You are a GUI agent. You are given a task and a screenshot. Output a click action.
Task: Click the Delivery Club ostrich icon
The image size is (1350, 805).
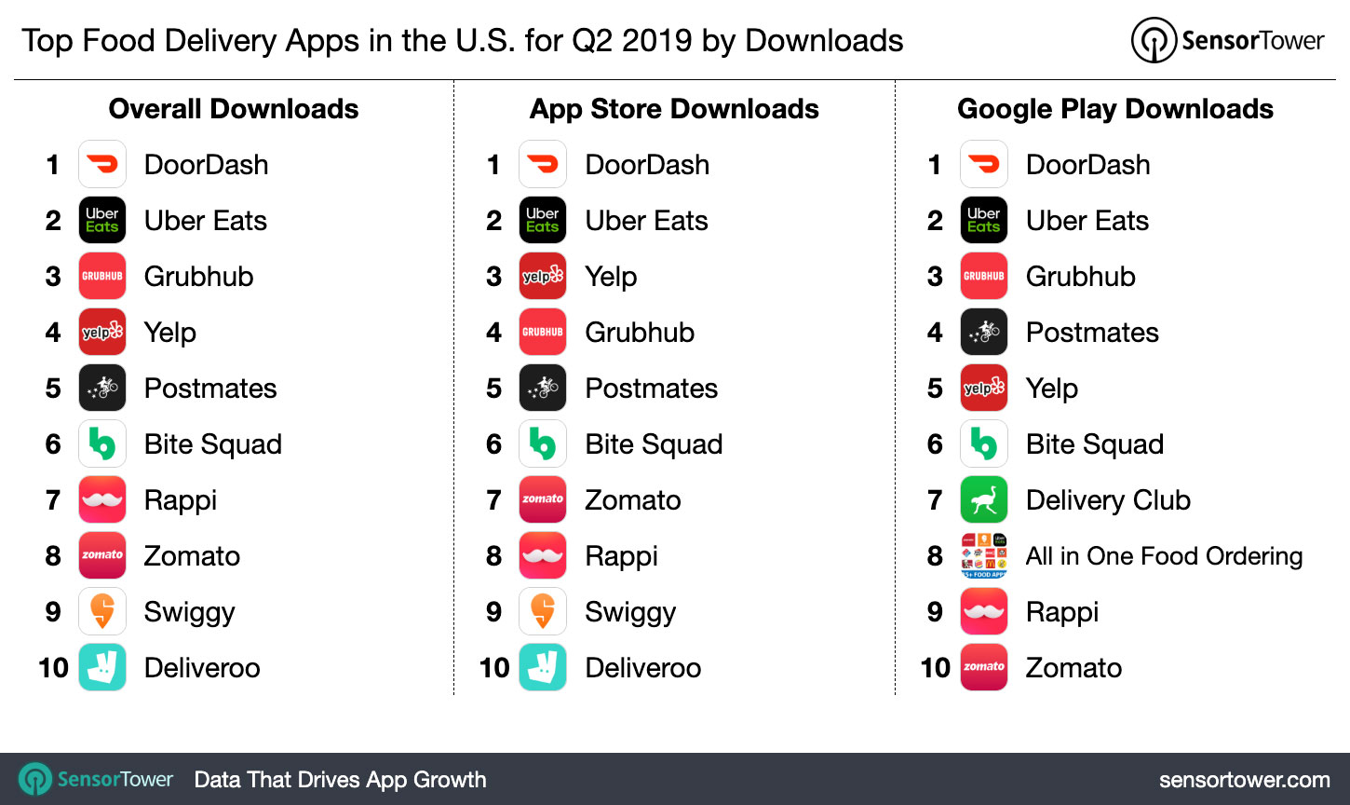click(984, 500)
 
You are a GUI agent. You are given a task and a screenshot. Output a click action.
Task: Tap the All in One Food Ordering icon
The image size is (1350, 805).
click(984, 556)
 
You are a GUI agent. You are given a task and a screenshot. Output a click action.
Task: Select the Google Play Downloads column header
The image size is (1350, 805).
click(1115, 109)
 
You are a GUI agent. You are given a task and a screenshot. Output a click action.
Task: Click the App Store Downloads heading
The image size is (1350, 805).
click(674, 109)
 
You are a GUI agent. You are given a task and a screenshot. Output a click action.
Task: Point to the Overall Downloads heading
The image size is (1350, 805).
click(234, 109)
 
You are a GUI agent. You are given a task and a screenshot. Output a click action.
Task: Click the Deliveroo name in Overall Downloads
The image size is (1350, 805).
click(202, 668)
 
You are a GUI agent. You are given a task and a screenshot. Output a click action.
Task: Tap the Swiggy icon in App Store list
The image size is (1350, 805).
click(543, 612)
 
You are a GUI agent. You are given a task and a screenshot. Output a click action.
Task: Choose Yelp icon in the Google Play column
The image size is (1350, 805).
click(984, 389)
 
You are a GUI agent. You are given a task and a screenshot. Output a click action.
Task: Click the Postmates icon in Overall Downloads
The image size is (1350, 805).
click(102, 389)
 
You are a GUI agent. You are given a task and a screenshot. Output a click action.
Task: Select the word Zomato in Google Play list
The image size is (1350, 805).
click(1073, 668)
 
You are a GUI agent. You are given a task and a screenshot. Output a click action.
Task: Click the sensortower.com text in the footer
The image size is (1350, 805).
click(1244, 780)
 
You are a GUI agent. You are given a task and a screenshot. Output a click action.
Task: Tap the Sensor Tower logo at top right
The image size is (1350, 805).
click(1228, 41)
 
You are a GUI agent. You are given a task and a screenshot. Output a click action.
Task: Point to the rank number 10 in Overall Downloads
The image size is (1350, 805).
click(53, 668)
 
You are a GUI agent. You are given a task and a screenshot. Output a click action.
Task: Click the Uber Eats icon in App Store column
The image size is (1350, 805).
click(543, 221)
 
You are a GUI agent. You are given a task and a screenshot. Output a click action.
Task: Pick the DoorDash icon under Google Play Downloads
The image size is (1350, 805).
click(984, 165)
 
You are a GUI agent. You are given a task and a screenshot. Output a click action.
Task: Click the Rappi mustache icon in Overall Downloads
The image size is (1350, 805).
click(102, 500)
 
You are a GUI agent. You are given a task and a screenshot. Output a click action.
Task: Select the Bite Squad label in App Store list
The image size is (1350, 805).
click(654, 444)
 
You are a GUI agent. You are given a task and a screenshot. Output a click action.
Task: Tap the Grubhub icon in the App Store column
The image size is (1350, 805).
click(543, 333)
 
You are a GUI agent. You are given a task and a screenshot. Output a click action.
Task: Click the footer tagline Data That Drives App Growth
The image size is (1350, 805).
click(340, 780)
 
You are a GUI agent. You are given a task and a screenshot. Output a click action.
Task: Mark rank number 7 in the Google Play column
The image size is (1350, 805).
click(935, 500)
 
